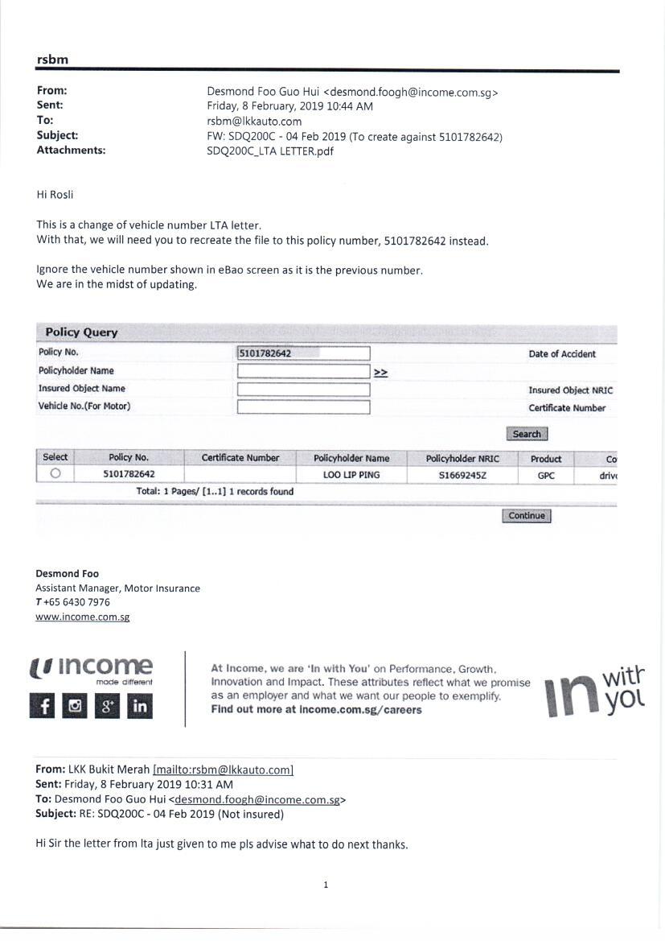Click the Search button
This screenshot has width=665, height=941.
coord(527,434)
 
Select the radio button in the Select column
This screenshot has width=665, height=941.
coord(55,474)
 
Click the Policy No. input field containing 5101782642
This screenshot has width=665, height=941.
coord(303,353)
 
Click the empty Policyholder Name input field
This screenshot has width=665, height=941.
coord(303,371)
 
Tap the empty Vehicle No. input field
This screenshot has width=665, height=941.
coord(303,407)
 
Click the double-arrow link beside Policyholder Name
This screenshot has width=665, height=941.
coord(380,372)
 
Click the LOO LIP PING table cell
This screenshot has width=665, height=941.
coord(351,475)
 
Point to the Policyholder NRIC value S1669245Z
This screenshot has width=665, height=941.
coord(462,475)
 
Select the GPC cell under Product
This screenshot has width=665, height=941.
coord(546,475)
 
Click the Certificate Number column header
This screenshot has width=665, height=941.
coord(240,458)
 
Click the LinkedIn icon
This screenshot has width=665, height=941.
coord(140,706)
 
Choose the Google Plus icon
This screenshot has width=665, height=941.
coord(107,706)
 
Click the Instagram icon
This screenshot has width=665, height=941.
coord(75,706)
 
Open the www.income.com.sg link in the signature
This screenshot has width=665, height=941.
coord(82,617)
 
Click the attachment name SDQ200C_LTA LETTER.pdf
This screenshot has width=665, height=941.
coord(270,151)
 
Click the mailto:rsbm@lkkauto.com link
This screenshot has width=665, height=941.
coord(223,770)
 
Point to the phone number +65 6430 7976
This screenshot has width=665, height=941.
coord(76,602)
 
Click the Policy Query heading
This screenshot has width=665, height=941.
coord(81,332)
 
